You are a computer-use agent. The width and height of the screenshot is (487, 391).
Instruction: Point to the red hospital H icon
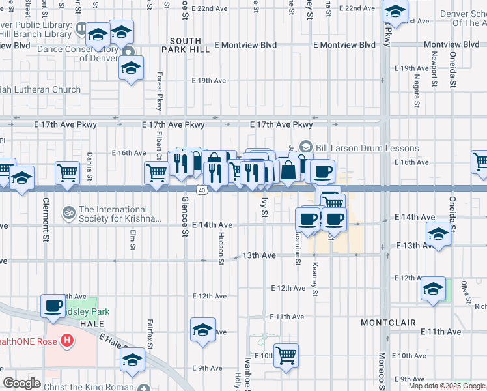(x=66, y=340)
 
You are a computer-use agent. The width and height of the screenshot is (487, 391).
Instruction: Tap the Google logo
(x=21, y=383)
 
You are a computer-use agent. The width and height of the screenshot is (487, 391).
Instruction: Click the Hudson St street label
(x=221, y=248)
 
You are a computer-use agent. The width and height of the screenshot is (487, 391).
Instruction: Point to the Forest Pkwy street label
(x=159, y=92)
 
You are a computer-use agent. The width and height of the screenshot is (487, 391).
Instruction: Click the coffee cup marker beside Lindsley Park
(x=53, y=305)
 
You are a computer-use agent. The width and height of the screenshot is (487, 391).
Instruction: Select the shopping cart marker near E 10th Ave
(x=286, y=356)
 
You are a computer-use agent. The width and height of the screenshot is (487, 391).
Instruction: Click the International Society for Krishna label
(x=119, y=214)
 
